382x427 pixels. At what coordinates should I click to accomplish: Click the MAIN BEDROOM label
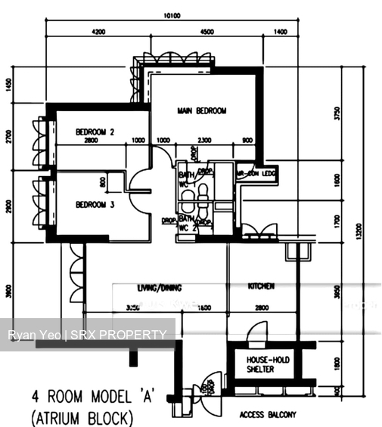202,111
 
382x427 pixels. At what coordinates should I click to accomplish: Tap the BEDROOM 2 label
95,132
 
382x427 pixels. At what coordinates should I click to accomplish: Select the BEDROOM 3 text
95,204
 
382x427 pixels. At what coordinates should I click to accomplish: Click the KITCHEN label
261,287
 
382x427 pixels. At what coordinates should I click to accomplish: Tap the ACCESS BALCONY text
268,415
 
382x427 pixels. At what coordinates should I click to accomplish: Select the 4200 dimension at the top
98,32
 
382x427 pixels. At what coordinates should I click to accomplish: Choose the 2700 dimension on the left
9,137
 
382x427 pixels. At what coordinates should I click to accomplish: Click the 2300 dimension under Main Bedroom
204,141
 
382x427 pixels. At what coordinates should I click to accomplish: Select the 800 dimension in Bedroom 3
102,181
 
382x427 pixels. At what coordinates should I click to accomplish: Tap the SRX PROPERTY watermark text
121,335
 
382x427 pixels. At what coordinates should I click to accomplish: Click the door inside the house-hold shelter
259,333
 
